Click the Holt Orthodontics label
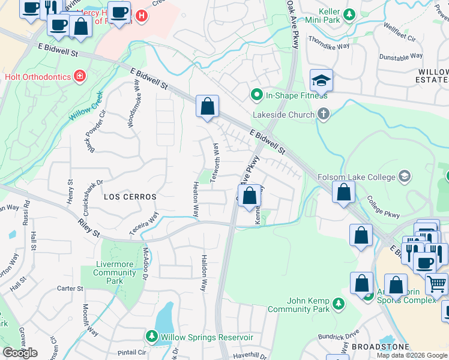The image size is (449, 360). point(37,76)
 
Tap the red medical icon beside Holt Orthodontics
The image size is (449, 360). point(79,76)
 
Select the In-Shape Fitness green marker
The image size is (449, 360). point(257,95)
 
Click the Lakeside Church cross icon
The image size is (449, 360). point(324,114)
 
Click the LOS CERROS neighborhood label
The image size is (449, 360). point(130,197)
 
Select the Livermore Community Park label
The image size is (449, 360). point(115,272)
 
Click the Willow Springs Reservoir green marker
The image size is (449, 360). point(150,336)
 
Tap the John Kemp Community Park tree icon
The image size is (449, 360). point(339,304)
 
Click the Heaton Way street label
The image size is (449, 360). point(196,199)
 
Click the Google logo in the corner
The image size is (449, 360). point(20,353)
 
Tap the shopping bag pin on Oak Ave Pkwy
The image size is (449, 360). point(249,195)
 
